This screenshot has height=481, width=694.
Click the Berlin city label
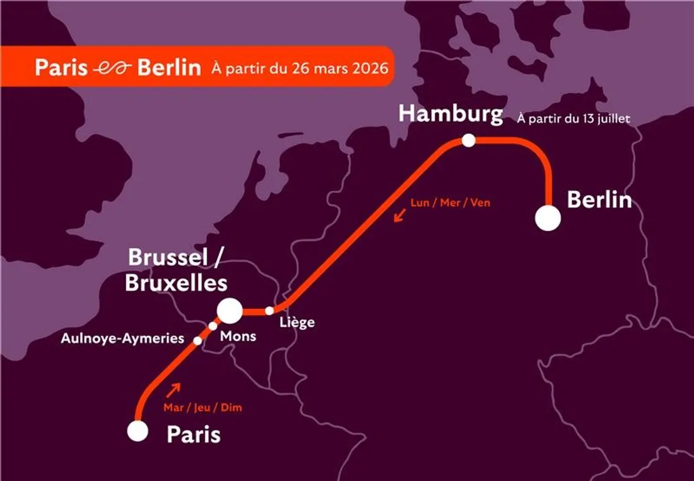599,200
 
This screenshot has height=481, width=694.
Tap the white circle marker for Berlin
548,219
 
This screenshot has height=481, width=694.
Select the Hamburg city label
450,114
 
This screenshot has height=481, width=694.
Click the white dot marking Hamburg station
468,141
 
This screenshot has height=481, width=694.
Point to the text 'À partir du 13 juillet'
573,118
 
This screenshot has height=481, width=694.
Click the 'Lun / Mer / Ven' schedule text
450,203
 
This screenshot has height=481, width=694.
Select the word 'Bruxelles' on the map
176,283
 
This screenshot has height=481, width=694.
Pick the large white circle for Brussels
230,310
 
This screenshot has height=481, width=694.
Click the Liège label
296,323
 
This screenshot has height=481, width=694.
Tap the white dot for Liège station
269,310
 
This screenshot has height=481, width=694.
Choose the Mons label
238,336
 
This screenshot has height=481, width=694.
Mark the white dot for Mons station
213,326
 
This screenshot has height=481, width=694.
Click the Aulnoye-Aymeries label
122,339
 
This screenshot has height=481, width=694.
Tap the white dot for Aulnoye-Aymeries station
197,341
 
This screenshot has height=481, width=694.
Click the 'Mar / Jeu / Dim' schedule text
203,408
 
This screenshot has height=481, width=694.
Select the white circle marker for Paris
138,431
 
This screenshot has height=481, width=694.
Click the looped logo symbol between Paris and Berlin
112,68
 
